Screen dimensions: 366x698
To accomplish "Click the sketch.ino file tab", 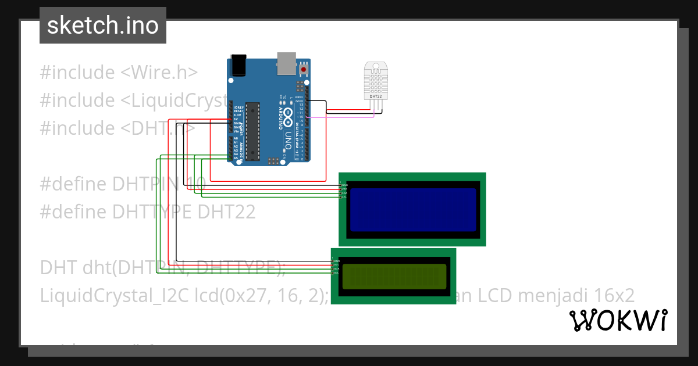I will point(102,26).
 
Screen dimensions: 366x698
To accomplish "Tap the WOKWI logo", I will point(618,320).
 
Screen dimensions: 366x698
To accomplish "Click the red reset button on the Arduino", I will point(303,70).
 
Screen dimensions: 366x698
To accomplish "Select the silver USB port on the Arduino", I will point(286,63).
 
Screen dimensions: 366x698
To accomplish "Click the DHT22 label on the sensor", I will point(376,96).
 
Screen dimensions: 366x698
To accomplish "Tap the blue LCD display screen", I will point(412,209).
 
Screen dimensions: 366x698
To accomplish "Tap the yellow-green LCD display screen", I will point(394,277).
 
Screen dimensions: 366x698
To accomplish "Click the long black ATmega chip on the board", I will point(252,131).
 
